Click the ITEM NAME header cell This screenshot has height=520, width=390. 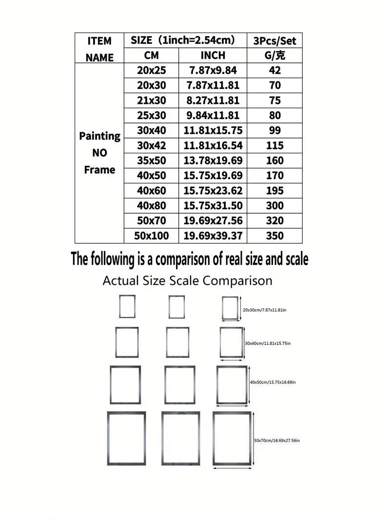point(99,48)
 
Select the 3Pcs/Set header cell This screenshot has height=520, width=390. point(274,40)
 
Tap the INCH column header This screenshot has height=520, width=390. point(213,56)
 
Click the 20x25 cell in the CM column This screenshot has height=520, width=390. point(152,70)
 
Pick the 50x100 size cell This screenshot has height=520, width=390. point(152,236)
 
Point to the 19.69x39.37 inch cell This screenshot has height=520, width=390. point(213,236)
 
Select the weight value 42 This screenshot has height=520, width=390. point(274,70)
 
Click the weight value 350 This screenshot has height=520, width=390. point(274,236)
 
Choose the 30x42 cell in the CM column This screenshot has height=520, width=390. point(152,145)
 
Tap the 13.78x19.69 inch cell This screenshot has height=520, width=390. point(213,160)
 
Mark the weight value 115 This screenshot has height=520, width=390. point(274,145)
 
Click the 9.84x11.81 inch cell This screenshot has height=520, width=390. point(213,116)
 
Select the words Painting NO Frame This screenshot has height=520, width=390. point(99,153)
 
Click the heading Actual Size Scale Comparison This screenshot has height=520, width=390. point(187,281)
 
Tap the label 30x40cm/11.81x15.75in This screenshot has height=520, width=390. point(268,343)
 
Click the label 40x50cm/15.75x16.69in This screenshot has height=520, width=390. point(273,382)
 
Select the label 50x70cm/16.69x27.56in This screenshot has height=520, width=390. point(276,440)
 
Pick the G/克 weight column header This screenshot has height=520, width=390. point(274,56)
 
